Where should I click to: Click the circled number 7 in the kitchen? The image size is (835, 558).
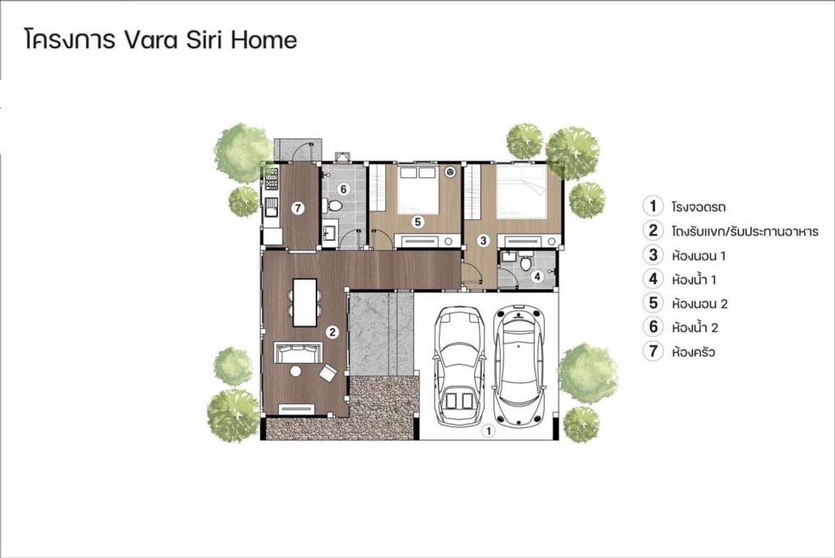pyautogui.click(x=298, y=208)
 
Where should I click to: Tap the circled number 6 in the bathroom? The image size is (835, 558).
pyautogui.click(x=343, y=189)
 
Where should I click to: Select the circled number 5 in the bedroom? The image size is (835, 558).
pyautogui.click(x=417, y=222)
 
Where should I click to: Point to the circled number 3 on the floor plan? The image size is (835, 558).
pyautogui.click(x=483, y=241)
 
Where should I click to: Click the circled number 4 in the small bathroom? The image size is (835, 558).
pyautogui.click(x=537, y=277)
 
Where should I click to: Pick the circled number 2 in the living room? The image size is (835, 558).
pyautogui.click(x=332, y=332)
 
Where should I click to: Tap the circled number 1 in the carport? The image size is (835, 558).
pyautogui.click(x=488, y=431)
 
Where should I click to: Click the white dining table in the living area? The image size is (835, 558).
pyautogui.click(x=305, y=303)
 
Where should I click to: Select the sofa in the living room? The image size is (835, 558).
pyautogui.click(x=299, y=352)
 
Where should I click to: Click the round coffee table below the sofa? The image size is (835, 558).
pyautogui.click(x=296, y=372)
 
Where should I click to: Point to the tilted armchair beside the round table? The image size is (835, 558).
pyautogui.click(x=328, y=373)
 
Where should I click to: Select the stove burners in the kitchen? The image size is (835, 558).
pyautogui.click(x=271, y=179)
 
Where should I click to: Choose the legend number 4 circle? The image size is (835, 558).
pyautogui.click(x=653, y=279)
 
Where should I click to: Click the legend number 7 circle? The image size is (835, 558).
pyautogui.click(x=653, y=351)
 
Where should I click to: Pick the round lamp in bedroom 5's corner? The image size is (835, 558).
pyautogui.click(x=451, y=172)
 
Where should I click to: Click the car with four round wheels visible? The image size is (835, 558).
pyautogui.click(x=518, y=366)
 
